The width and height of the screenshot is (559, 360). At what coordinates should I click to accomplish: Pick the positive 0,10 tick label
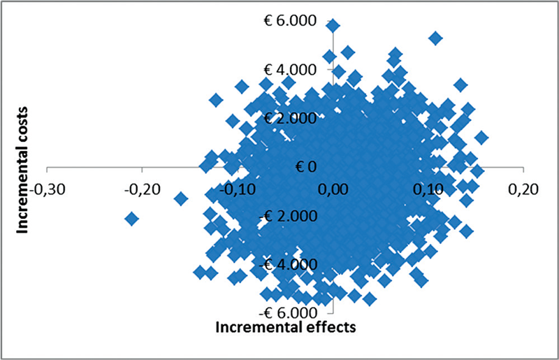point(429,189)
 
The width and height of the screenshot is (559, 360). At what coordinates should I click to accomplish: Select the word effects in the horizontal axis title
point(328,328)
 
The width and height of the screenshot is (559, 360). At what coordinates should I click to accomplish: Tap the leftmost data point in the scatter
point(131,219)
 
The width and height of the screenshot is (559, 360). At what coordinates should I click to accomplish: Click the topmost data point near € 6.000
point(333,26)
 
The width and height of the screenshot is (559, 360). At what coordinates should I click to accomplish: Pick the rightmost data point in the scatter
point(481,138)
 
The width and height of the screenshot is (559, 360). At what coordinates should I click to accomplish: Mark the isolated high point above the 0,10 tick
point(435,38)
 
